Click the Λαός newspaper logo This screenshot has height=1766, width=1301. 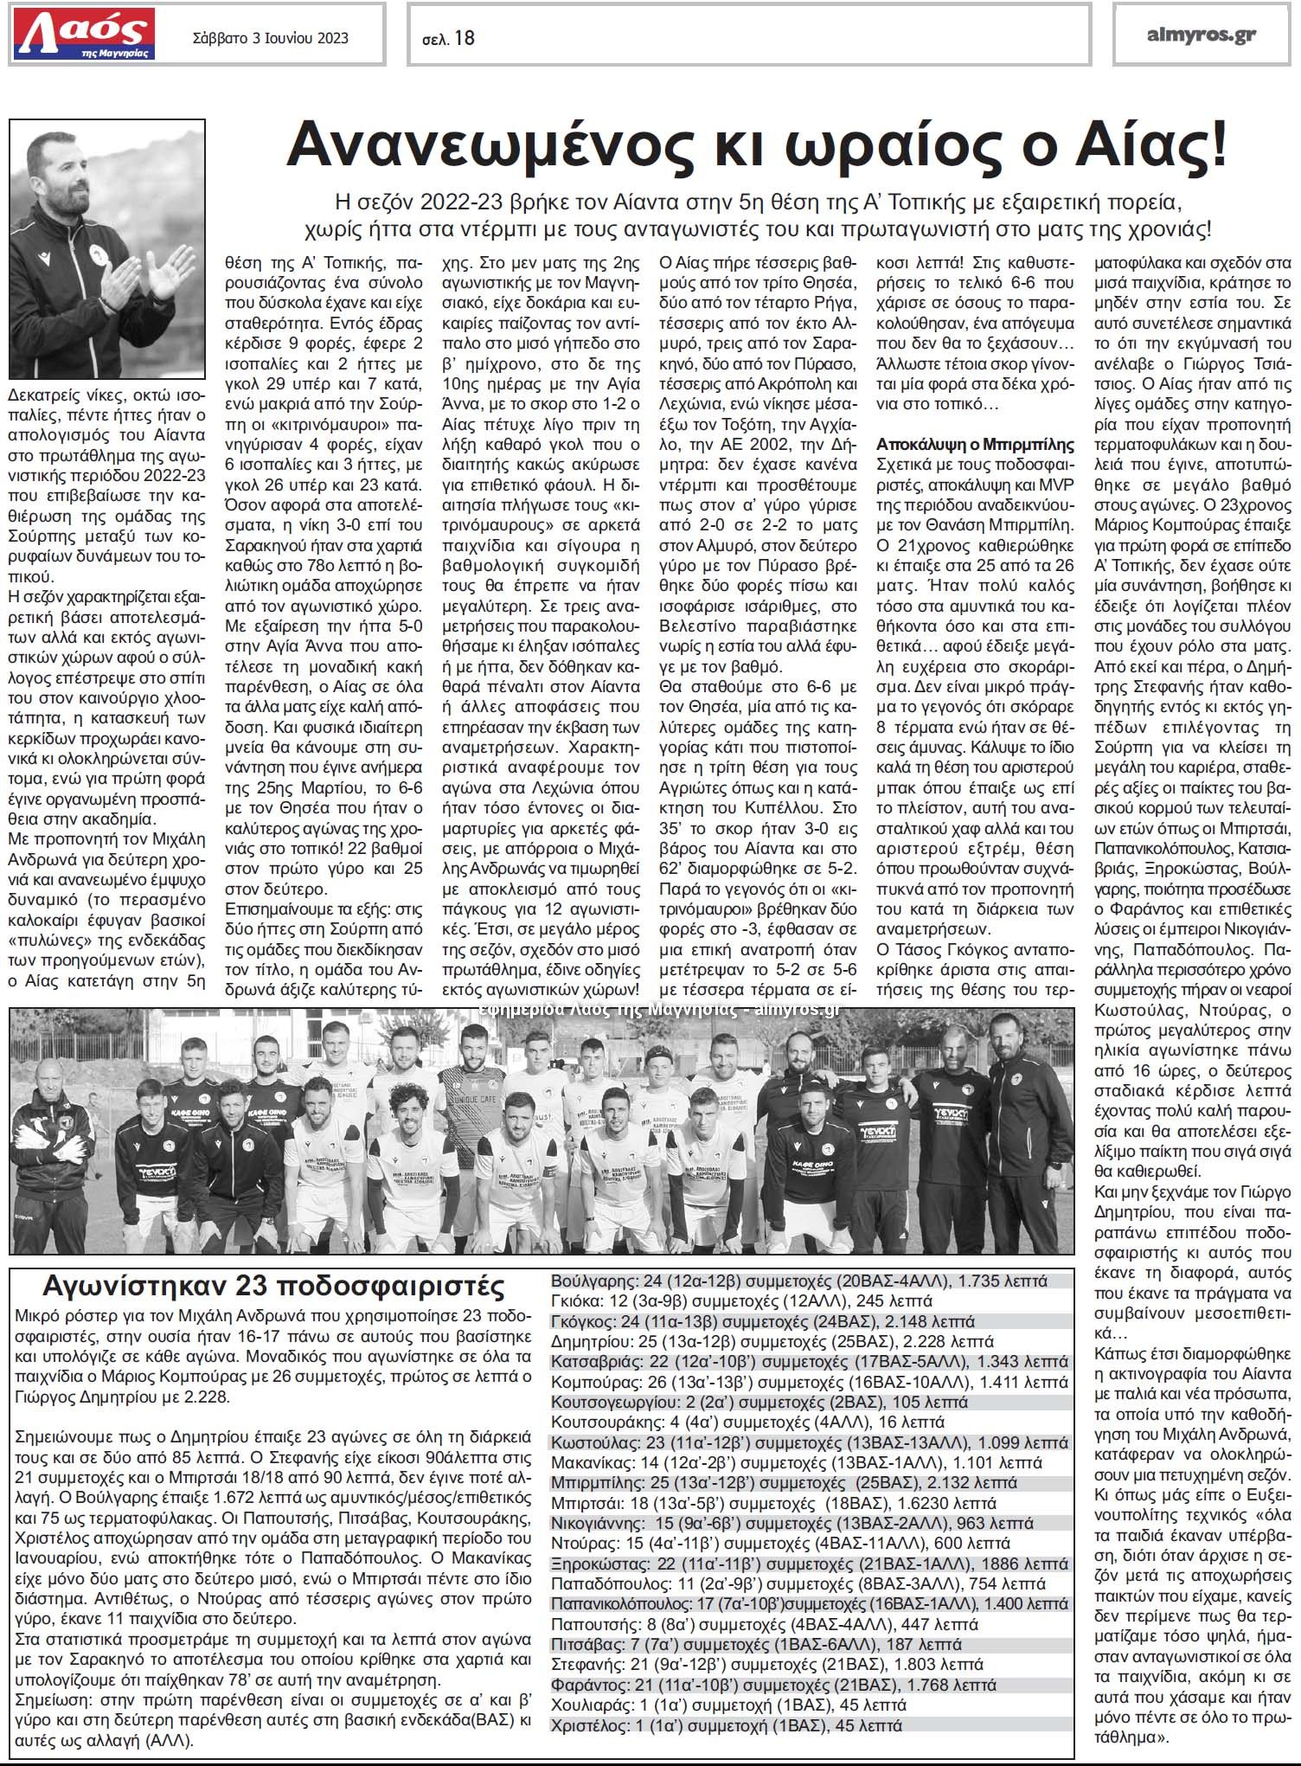(x=83, y=34)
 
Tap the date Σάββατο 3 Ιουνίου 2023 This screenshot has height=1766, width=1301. (x=271, y=37)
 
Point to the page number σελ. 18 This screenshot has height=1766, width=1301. (x=448, y=38)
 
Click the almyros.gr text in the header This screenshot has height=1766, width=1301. (x=1201, y=35)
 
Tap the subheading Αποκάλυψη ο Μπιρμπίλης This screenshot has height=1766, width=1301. (x=975, y=445)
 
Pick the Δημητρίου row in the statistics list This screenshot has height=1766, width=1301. (x=772, y=1341)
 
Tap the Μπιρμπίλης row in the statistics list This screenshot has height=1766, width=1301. (x=784, y=1482)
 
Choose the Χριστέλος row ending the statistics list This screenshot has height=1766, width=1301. (x=726, y=1725)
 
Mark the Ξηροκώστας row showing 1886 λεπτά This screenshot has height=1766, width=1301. (x=809, y=1564)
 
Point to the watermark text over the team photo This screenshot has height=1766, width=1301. (x=657, y=1009)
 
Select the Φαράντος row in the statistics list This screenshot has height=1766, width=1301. (x=773, y=1685)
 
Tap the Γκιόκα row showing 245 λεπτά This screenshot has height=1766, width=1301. (x=741, y=1300)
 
